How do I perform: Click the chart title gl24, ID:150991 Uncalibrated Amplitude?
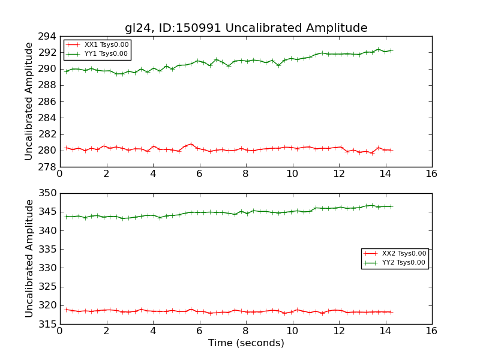(x=246, y=28)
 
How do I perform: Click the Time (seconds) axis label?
(x=246, y=343)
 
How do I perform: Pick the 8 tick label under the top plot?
(x=245, y=174)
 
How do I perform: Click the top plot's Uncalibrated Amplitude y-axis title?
(x=29, y=101)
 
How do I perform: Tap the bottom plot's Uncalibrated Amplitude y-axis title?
(x=29, y=259)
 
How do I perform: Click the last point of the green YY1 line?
(x=391, y=50)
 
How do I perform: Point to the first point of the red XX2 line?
(x=65, y=310)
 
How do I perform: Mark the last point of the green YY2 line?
(x=391, y=206)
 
